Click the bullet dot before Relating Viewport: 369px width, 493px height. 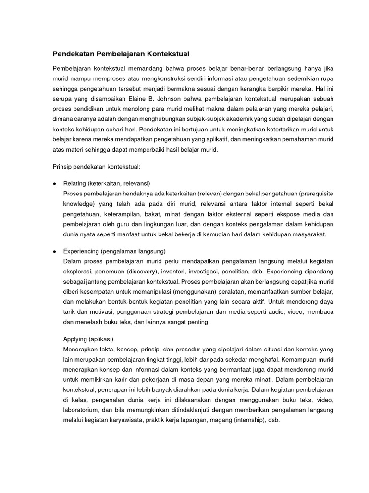tap(55, 183)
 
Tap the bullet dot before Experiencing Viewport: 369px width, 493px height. tap(55, 252)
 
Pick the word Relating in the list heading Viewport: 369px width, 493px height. tap(75, 183)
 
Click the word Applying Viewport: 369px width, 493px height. tap(77, 339)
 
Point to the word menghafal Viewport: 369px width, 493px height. tap(251, 359)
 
